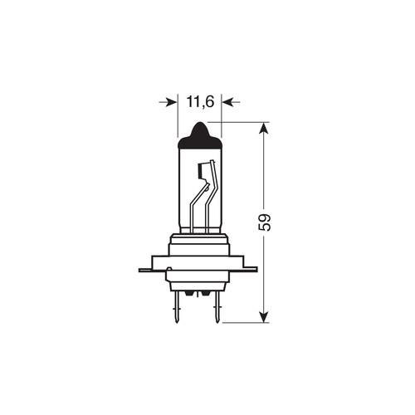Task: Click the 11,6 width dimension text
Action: tap(199, 102)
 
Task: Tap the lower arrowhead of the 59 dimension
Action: tap(264, 315)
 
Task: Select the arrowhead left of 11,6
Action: tap(171, 102)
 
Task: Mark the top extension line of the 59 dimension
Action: tap(241, 122)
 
